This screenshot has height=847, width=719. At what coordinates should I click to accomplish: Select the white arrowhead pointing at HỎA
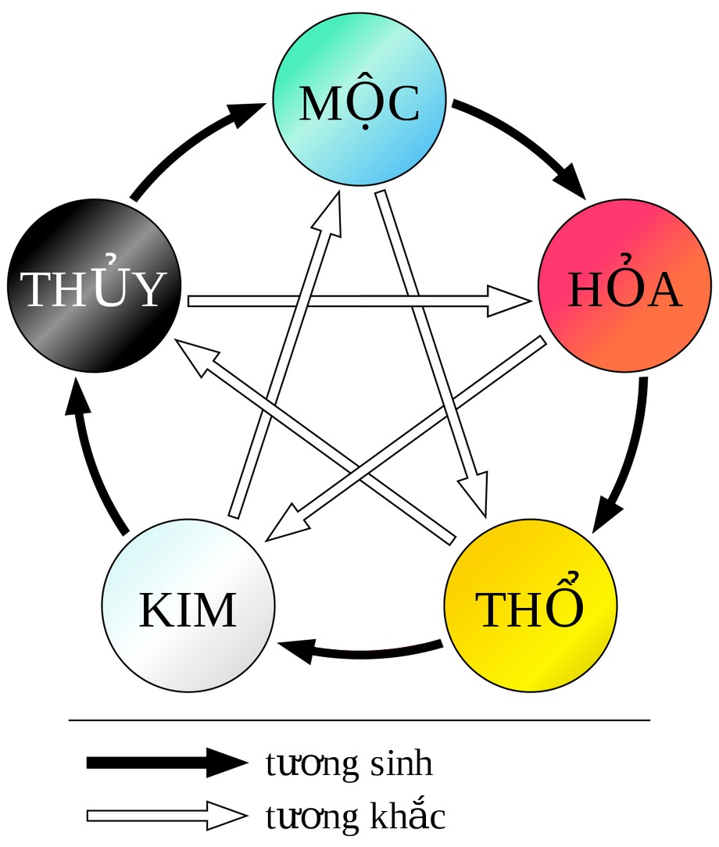508,301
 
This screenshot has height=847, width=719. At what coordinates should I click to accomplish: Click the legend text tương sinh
349,763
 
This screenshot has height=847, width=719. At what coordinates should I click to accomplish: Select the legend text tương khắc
356,816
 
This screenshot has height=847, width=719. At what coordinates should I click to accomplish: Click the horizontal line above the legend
359,720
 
